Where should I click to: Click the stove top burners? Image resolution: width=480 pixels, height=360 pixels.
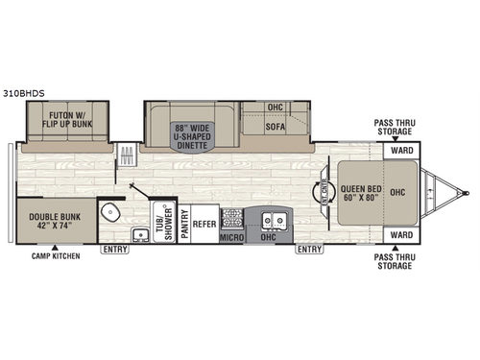point(230,217)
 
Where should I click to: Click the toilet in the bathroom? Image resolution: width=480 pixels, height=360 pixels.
point(112,212)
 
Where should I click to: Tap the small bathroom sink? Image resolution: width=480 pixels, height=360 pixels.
point(139,233)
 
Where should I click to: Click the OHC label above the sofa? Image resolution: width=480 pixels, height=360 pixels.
point(276,108)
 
